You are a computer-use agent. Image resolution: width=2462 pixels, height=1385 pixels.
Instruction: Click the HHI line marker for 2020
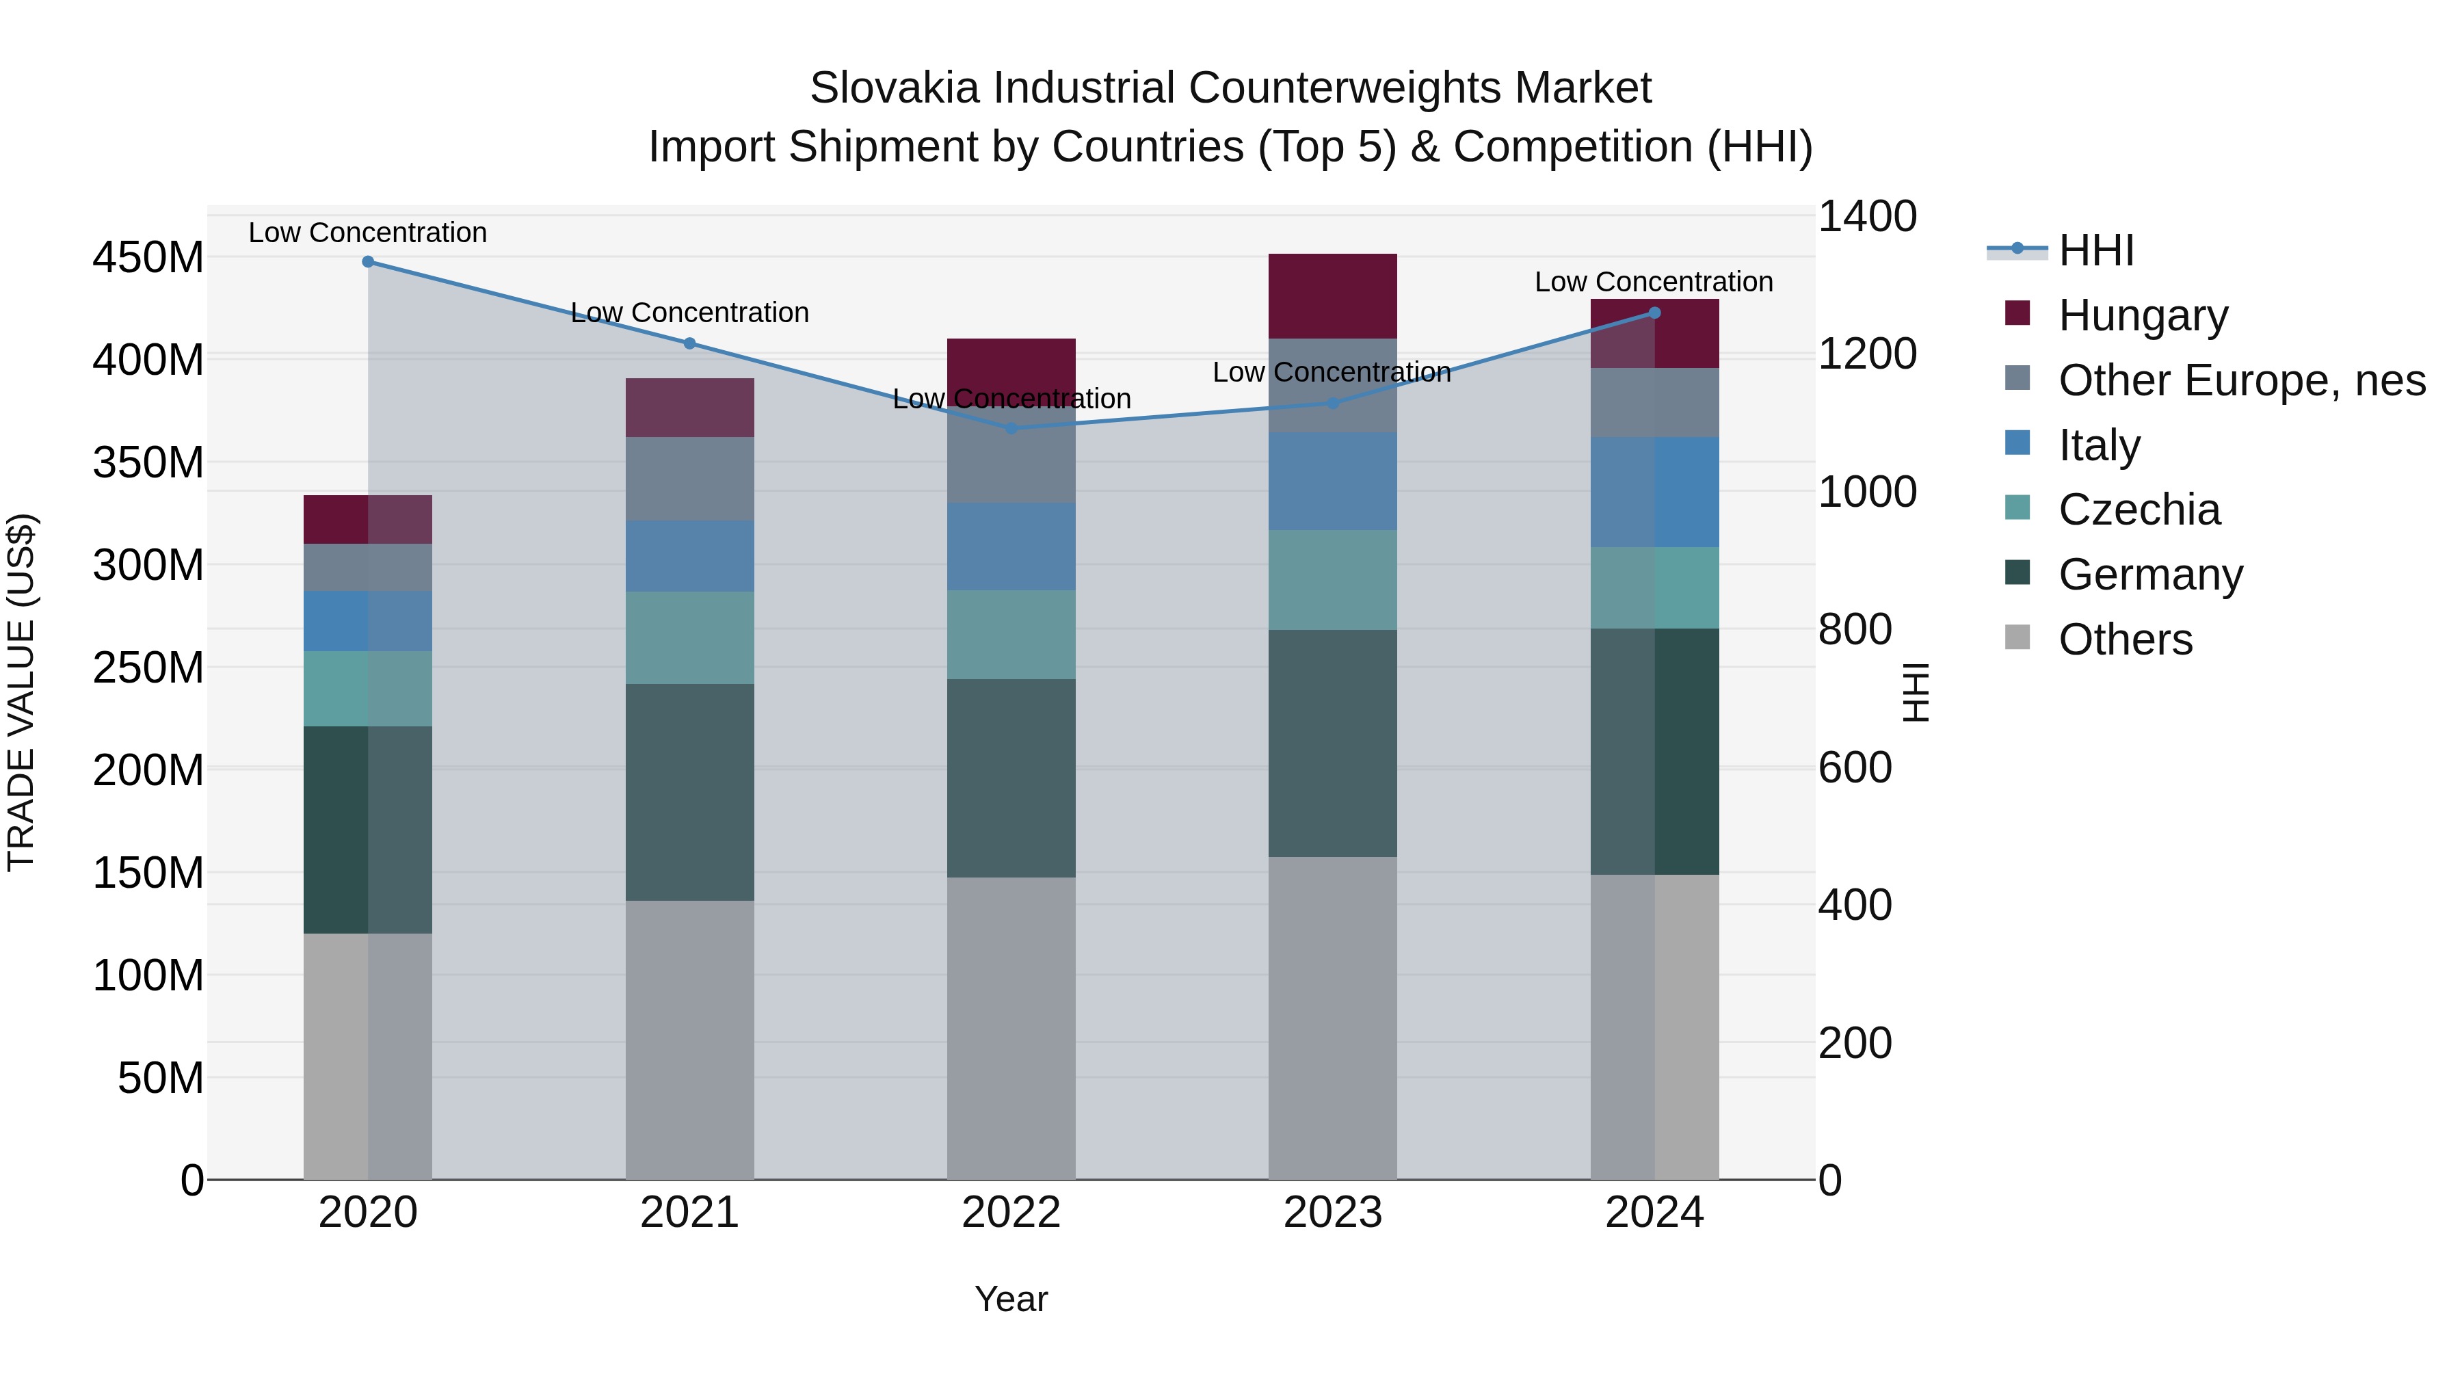(x=368, y=262)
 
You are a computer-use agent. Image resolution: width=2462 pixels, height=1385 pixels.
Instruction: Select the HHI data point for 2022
(x=1011, y=428)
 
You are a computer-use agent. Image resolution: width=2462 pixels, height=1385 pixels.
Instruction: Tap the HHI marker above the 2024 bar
(x=1655, y=313)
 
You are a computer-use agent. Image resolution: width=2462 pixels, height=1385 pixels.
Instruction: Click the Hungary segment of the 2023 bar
(x=1332, y=295)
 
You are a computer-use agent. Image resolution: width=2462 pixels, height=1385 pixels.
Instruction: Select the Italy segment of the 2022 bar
(x=1011, y=546)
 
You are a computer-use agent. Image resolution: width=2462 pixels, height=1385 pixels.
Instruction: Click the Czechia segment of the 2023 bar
(x=1332, y=579)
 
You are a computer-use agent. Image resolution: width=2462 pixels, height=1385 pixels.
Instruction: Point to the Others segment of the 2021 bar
(x=689, y=1039)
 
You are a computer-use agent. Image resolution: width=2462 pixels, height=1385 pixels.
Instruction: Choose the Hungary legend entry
(x=2142, y=315)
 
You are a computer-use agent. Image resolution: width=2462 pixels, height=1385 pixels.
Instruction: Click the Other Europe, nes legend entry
(x=2240, y=380)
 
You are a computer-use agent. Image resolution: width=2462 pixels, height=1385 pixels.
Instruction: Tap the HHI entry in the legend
(x=2095, y=250)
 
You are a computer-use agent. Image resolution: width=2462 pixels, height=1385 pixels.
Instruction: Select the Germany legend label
(x=2149, y=575)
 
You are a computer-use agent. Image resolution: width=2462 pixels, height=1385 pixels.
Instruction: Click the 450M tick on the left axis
(x=148, y=258)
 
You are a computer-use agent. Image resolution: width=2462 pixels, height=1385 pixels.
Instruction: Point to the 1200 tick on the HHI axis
(x=1866, y=354)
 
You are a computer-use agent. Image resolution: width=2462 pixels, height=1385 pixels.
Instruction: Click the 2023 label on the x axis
(x=1332, y=1213)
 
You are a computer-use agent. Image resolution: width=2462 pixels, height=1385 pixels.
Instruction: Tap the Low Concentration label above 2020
(x=368, y=233)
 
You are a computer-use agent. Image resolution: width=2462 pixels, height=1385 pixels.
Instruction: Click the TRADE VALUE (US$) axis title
(x=22, y=692)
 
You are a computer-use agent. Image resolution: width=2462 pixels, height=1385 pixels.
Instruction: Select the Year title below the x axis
(x=1011, y=1299)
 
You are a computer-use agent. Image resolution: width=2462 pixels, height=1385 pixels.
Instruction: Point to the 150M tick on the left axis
(x=148, y=873)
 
